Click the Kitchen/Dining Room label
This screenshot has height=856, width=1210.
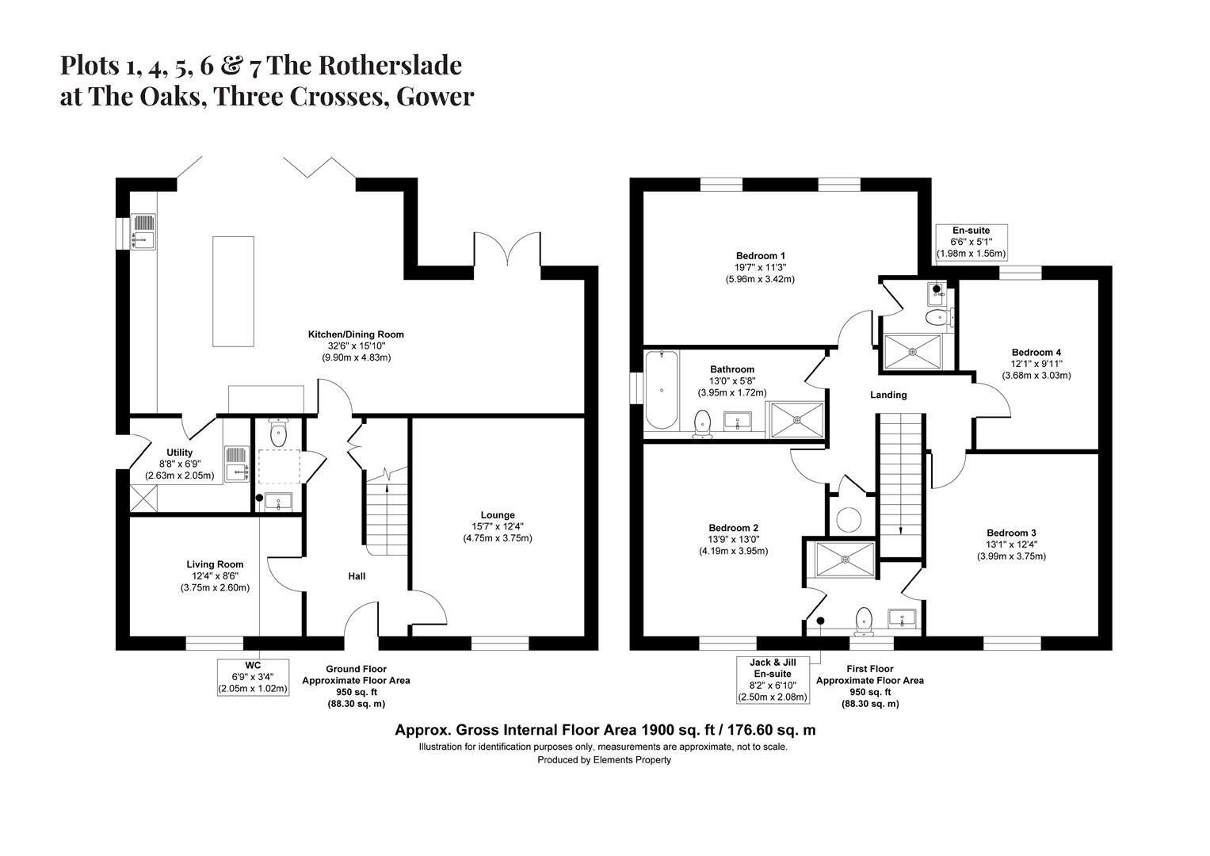coord(356,334)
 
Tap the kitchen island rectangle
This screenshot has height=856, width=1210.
coord(234,290)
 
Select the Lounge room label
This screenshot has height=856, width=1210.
coord(497,515)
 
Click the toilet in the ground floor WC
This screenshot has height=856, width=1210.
coord(278,433)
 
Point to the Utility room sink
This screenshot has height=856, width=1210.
coord(237,464)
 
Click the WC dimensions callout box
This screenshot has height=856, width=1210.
coord(253,677)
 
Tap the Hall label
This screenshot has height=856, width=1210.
coord(357,576)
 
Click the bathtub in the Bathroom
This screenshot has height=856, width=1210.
coord(661,389)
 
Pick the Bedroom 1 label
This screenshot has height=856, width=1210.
coord(760,256)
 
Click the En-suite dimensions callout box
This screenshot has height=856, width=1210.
coord(971,242)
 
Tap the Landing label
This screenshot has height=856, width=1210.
coord(887,395)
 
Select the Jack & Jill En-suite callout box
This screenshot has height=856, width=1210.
coord(772,679)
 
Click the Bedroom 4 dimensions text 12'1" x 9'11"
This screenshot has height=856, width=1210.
coord(1036,364)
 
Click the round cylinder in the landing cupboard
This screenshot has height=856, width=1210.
coord(849,520)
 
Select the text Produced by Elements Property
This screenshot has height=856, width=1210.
coord(604,759)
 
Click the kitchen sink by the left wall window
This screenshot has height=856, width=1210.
coord(144,231)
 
